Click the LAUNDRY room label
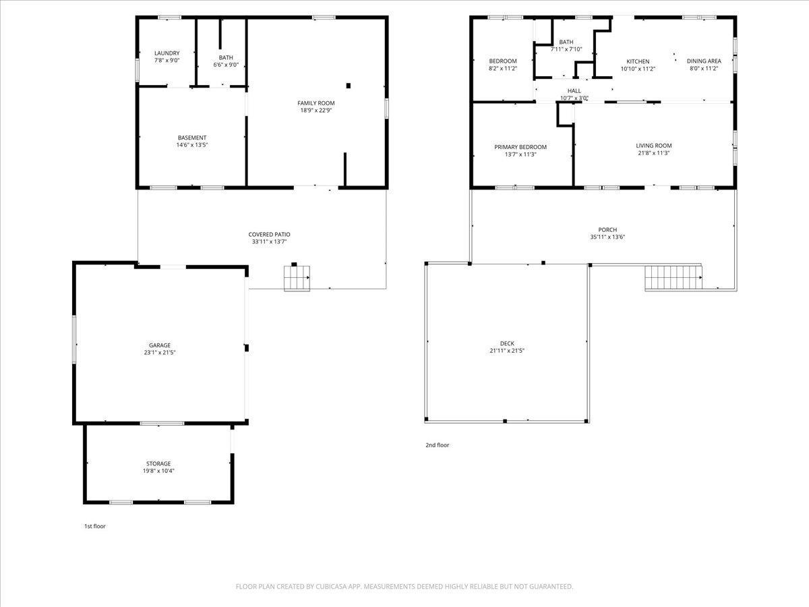167,53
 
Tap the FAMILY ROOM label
316,103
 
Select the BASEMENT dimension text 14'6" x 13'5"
192,145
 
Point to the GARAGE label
160,345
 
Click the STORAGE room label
158,463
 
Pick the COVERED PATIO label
270,235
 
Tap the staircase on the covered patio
297,279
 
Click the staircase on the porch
673,278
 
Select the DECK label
507,343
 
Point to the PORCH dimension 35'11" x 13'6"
608,237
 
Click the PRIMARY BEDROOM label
520,147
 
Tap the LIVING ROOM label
654,146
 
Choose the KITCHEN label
638,61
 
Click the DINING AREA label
704,61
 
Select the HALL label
574,90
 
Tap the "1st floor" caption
95,526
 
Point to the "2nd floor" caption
438,445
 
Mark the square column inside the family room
349,86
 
